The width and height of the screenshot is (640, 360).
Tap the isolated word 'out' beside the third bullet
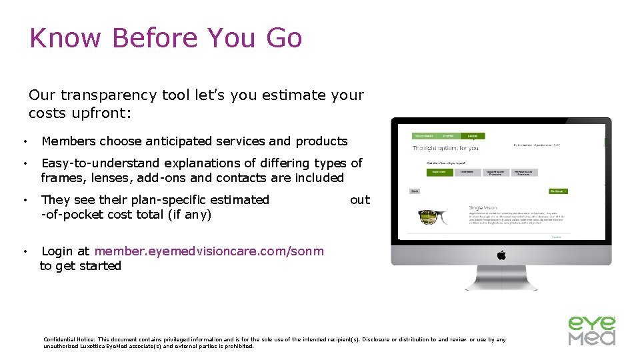click(359, 200)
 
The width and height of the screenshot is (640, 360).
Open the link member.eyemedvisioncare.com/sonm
click(209, 251)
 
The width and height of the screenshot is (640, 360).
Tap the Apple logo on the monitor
click(501, 255)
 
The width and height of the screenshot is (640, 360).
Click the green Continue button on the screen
click(557, 191)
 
